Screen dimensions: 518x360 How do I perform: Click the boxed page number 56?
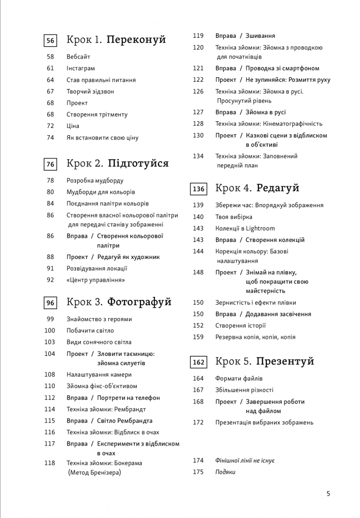point(50,40)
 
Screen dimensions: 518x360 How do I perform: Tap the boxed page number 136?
point(198,189)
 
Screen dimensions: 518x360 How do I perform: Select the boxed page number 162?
point(198,362)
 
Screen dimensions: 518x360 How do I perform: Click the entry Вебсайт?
point(78,56)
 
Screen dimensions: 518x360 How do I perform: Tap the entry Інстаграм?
point(81,68)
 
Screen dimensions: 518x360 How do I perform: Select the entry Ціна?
point(73,126)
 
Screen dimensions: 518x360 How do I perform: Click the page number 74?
point(50,138)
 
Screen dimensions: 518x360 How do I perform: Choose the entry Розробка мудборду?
point(95,181)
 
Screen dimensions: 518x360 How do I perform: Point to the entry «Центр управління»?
point(96,280)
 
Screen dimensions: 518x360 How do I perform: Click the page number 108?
point(50,375)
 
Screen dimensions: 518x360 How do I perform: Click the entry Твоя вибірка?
point(234,217)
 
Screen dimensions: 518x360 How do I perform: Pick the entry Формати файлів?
point(239,379)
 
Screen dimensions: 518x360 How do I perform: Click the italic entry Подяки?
point(225,472)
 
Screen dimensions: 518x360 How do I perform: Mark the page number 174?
point(198,460)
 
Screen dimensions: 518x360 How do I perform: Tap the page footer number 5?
point(328,494)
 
